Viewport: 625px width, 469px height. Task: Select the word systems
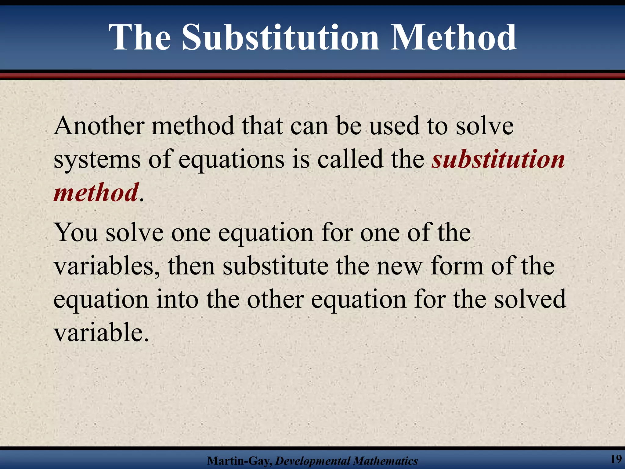[97, 160]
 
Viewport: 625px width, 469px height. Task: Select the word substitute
[275, 266]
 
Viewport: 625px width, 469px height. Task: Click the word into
[177, 299]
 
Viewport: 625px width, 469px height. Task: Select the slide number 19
[616, 459]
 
